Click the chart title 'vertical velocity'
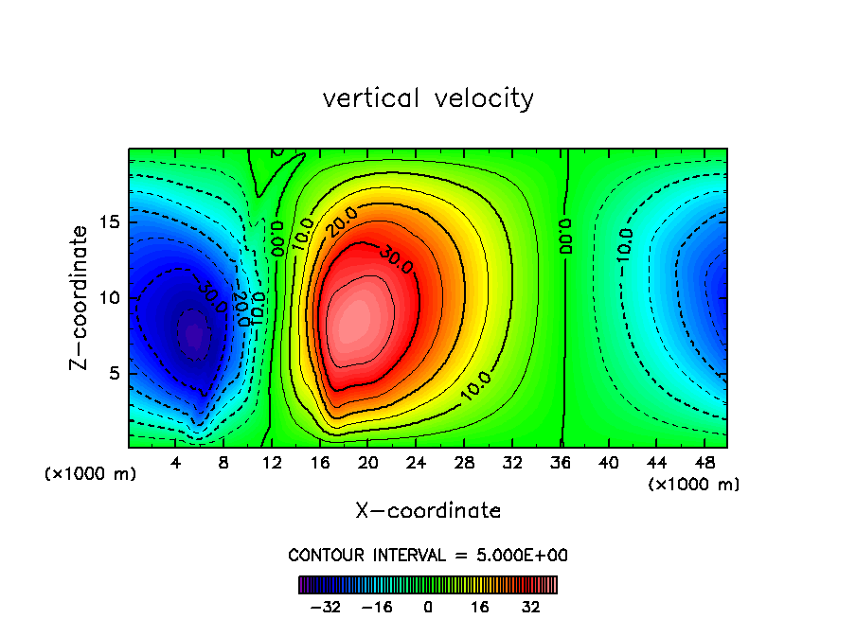[428, 98]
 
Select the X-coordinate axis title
[428, 511]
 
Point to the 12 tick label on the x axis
[272, 463]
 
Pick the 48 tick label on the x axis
[704, 463]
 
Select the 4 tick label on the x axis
[176, 463]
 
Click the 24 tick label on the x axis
[416, 463]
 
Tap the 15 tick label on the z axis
[111, 222]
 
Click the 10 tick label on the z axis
[111, 298]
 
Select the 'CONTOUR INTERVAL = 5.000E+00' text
[428, 555]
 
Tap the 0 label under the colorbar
[428, 607]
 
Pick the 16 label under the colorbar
[480, 607]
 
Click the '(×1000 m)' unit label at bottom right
[694, 485]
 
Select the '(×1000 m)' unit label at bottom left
[91, 474]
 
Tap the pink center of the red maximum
[358, 317]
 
